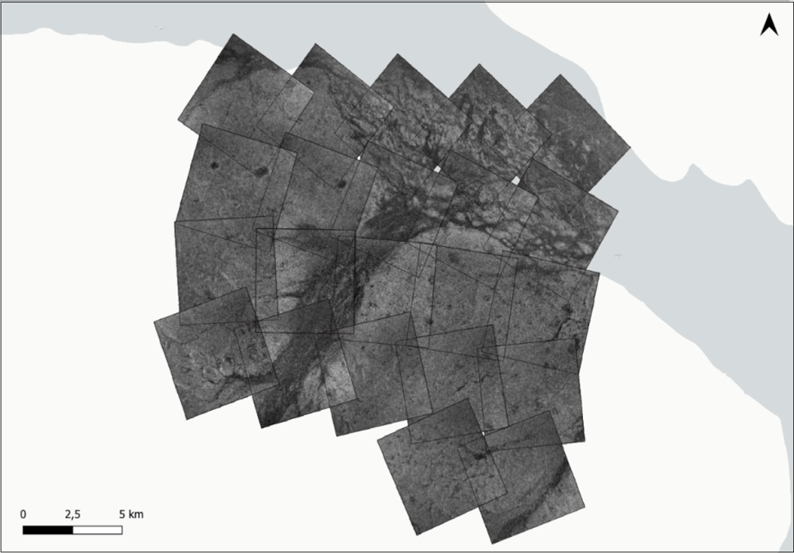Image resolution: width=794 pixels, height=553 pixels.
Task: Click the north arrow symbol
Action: click(769, 27)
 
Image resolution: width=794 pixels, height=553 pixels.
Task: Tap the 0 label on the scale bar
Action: click(23, 514)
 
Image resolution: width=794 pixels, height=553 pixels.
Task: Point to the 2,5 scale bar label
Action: click(72, 514)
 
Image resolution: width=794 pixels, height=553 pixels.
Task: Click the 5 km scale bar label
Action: click(131, 514)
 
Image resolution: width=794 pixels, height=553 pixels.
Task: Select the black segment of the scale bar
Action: click(48, 530)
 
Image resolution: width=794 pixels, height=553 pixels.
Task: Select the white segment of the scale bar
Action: click(97, 530)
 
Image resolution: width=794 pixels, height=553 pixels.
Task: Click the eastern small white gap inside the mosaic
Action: click(516, 180)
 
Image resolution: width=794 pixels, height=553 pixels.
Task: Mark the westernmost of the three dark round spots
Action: click(214, 165)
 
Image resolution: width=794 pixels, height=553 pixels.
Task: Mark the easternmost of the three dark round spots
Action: click(341, 182)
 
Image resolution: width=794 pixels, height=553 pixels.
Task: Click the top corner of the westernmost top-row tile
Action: click(232, 35)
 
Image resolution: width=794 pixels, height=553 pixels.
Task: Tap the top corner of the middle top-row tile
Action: click(395, 54)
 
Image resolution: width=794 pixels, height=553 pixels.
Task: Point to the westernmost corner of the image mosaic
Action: click(154, 322)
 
